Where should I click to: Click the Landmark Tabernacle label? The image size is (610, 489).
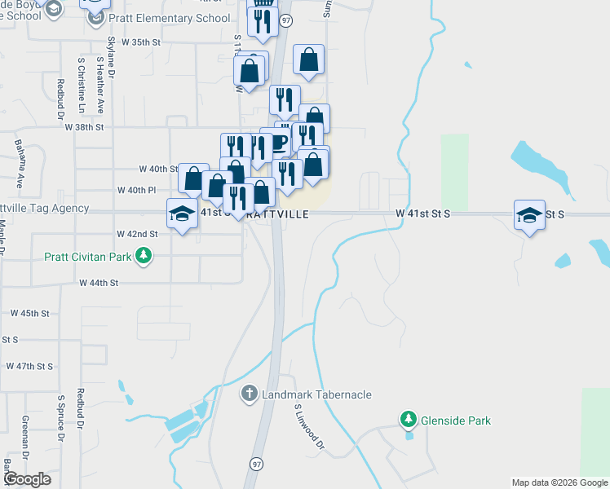coord(316,394)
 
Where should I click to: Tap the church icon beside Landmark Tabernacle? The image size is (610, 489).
coord(250,394)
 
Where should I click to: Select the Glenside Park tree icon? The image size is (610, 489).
coord(409,420)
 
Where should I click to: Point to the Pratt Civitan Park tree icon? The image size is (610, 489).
coord(144,257)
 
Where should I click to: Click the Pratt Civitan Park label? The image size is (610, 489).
coord(90,257)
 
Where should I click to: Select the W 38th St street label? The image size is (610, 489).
coord(85,127)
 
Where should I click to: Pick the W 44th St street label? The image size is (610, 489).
coord(99,283)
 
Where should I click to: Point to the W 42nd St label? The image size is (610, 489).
coord(137,234)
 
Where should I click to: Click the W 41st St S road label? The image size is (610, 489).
coord(423,213)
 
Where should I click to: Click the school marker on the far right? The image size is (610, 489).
coord(529,215)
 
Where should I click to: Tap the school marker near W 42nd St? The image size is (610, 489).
coord(182,214)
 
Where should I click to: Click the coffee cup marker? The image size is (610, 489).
coord(278,143)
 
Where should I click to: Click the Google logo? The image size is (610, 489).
coord(27,479)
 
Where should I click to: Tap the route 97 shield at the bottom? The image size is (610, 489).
coord(257,463)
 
